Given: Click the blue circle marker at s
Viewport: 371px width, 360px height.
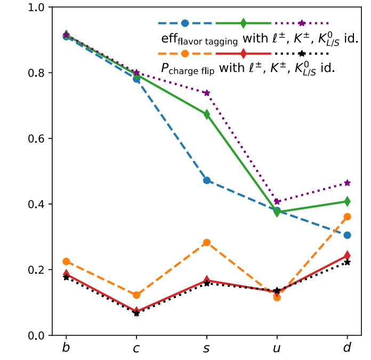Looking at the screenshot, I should click(207, 181).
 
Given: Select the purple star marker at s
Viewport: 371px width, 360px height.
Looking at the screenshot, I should click(207, 93).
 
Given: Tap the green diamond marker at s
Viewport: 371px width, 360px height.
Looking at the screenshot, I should click(207, 114).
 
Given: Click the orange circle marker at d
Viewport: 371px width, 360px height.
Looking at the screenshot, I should click(347, 217).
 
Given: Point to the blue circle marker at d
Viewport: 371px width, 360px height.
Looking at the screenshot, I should click(347, 235).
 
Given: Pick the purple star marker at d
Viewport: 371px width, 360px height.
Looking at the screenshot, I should click(347, 183).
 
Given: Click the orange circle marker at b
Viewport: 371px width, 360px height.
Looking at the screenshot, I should click(66, 261).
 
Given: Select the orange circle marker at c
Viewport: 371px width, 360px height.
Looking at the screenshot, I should click(136, 295).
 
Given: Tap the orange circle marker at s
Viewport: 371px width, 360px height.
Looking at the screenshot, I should click(207, 242).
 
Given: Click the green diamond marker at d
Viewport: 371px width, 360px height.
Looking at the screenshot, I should click(347, 201).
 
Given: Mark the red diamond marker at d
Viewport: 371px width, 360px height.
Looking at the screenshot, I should click(347, 256).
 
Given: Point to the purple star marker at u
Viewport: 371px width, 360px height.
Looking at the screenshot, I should click(277, 202).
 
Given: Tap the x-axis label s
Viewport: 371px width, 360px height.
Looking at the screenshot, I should click(207, 348).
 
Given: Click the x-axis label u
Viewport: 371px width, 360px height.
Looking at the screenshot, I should click(277, 348).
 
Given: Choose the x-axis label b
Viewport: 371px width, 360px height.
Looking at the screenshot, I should click(66, 348).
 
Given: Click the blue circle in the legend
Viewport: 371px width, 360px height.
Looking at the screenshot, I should click(185, 23).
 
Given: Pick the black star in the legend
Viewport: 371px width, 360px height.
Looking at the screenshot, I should click(301, 53).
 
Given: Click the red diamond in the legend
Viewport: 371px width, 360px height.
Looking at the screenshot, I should click(243, 53).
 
